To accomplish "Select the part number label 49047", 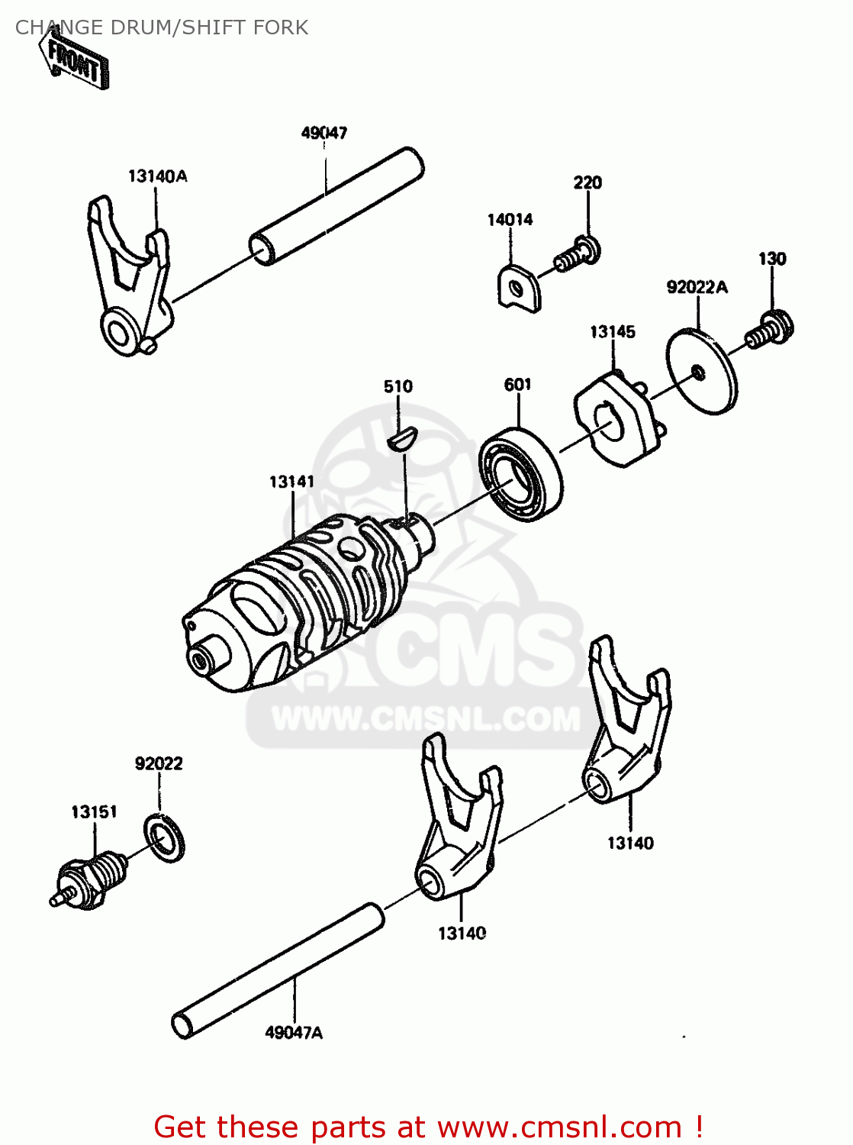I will click(x=324, y=133).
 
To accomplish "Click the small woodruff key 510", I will click(x=401, y=439).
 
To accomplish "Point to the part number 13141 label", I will click(x=291, y=482).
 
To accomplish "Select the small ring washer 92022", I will click(x=164, y=838).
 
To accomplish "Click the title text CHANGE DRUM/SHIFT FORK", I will click(x=162, y=27).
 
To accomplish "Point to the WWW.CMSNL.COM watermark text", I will click(x=426, y=719).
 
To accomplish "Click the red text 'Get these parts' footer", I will click(x=427, y=1127).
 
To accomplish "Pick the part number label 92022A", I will click(x=697, y=287).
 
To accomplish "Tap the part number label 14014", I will click(x=510, y=220).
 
